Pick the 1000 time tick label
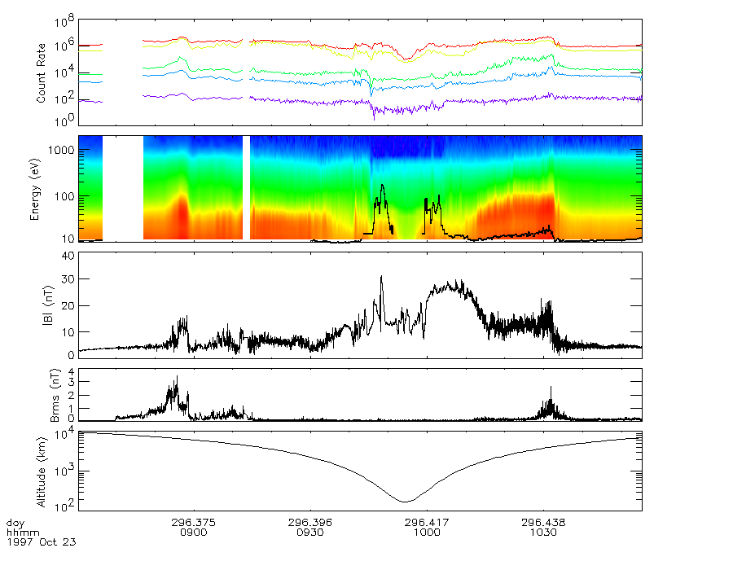tap(427, 532)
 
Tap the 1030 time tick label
tap(543, 532)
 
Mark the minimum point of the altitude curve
tap(406, 501)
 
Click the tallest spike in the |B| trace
tap(381, 277)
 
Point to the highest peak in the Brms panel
tap(177, 376)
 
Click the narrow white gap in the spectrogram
tap(247, 187)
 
